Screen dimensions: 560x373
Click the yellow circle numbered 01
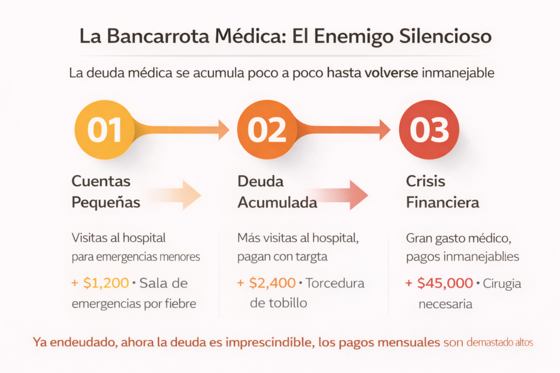click(x=104, y=129)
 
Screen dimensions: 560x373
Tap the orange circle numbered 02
click(x=267, y=129)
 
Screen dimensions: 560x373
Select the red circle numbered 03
click(x=429, y=129)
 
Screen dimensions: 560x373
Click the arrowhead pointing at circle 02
click(x=224, y=130)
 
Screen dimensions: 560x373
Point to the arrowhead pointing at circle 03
click(x=385, y=130)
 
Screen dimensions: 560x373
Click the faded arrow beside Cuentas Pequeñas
click(x=174, y=195)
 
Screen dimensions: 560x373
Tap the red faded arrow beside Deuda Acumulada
click(x=339, y=195)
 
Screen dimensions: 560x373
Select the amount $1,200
click(x=106, y=283)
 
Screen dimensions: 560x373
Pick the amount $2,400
click(x=272, y=283)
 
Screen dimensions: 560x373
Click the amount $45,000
click(x=445, y=283)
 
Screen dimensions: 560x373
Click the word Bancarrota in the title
click(x=158, y=36)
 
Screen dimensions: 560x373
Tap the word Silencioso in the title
click(x=445, y=37)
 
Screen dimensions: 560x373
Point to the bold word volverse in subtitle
click(x=392, y=73)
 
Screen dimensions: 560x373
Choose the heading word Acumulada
click(x=277, y=203)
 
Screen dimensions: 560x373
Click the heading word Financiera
click(x=442, y=203)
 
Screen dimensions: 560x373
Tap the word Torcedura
click(x=335, y=283)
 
